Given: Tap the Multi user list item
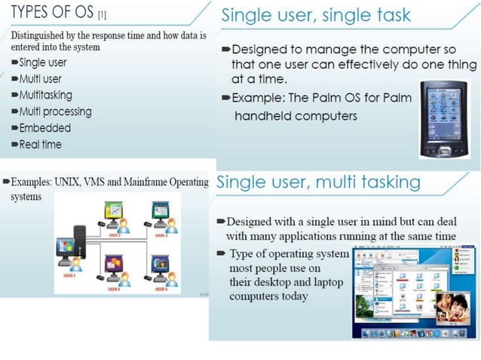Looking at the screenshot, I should coord(41,79).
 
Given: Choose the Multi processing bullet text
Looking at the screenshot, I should coord(55,112).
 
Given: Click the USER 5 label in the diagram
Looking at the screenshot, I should coord(161,289).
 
